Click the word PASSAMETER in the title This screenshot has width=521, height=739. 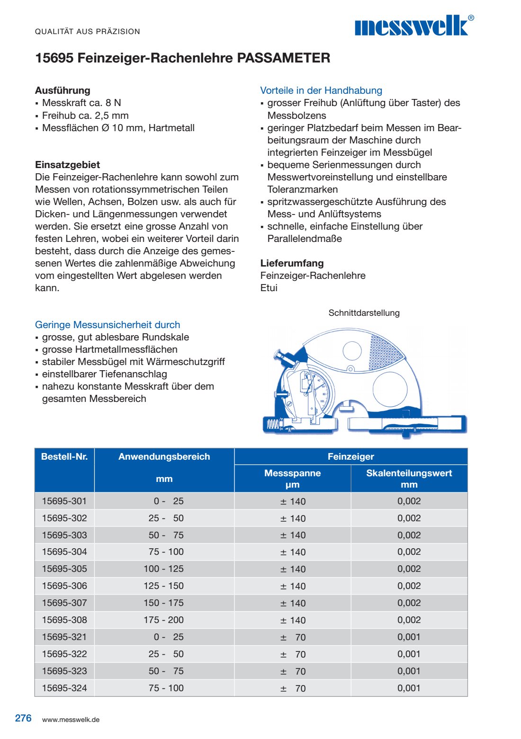[283, 58]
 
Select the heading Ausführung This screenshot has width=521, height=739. [63, 90]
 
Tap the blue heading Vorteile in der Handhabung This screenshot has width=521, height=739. [321, 90]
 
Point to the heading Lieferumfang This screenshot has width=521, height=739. [292, 263]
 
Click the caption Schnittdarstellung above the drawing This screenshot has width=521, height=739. [364, 313]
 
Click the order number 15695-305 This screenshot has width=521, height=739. [64, 569]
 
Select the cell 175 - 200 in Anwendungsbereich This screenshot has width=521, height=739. [164, 620]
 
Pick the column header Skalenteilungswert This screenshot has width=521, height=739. [409, 473]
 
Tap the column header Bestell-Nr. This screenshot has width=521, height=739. [64, 457]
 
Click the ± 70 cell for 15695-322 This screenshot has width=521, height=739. [293, 654]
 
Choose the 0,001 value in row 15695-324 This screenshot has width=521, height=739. [409, 688]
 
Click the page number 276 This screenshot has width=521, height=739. [23, 718]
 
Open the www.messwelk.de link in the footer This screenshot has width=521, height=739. [71, 720]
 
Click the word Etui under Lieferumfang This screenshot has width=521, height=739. [269, 288]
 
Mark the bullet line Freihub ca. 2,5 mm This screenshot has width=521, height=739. [85, 116]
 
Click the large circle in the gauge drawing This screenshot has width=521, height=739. [389, 388]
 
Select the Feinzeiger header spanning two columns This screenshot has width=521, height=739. [350, 457]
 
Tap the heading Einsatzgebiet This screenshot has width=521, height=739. [67, 165]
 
